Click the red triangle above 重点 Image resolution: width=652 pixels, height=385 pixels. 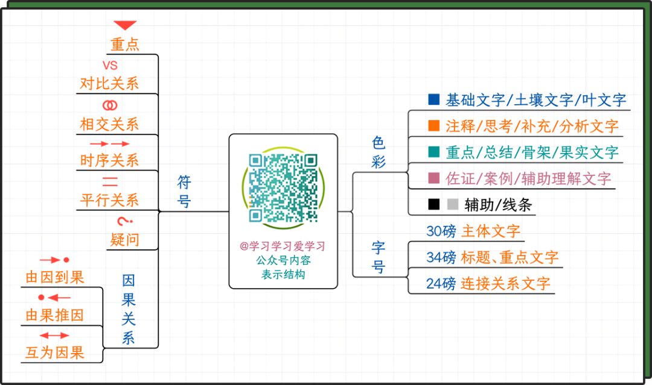126,25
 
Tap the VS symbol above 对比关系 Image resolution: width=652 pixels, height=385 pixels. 110,65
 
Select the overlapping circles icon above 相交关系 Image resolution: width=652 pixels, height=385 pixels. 110,105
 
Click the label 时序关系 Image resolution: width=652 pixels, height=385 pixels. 109,160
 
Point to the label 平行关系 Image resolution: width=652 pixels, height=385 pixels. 109,199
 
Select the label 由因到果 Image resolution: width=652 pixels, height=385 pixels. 54,277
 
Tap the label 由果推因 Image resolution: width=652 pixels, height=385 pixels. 54,315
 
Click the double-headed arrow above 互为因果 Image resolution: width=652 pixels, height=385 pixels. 54,335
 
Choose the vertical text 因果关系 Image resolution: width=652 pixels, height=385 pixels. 129,309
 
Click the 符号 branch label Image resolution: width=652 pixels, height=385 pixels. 184,191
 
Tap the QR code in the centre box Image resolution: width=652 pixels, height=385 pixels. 283,188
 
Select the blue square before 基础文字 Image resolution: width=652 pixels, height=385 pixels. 433,99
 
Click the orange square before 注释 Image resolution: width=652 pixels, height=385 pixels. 433,126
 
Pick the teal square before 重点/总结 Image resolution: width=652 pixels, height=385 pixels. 433,152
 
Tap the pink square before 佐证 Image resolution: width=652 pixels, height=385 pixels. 433,178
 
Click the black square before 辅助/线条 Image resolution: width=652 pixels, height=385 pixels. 433,204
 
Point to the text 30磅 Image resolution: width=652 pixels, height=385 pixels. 441,231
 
